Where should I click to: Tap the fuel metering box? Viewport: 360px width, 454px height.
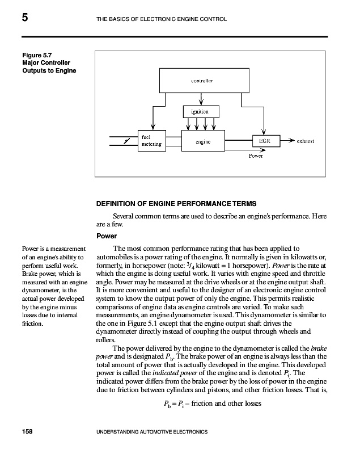tap(151, 140)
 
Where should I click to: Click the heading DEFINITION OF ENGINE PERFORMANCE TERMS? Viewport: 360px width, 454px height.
tap(176, 203)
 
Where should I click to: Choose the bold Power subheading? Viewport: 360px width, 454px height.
tap(107, 236)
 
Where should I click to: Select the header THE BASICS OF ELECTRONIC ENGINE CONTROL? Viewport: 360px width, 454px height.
tap(162, 20)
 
